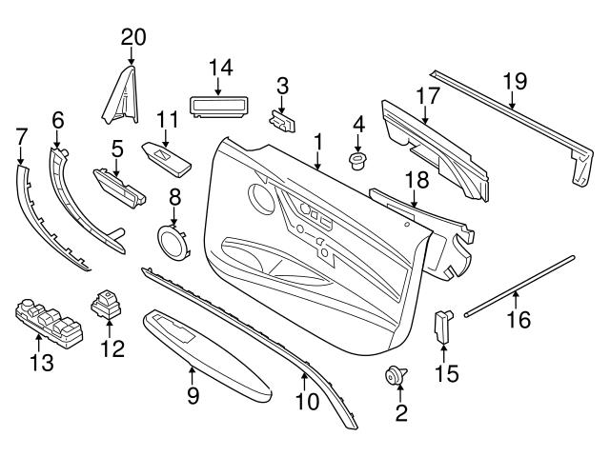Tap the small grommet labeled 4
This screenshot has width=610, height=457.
(359, 159)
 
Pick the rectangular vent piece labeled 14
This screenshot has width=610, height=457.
(220, 103)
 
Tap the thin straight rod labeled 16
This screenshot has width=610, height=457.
(519, 283)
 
